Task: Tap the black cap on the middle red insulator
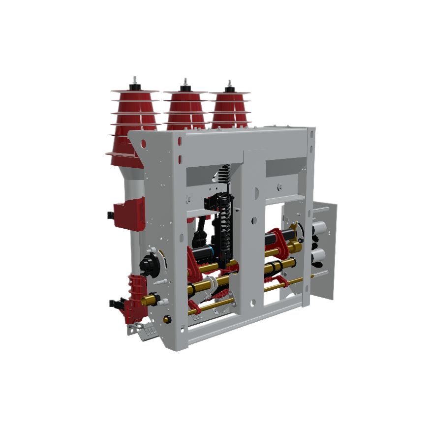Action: tap(185, 88)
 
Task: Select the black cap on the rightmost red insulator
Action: tap(229, 90)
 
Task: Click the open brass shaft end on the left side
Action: tap(146, 300)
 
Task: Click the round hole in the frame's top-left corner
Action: tap(143, 144)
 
